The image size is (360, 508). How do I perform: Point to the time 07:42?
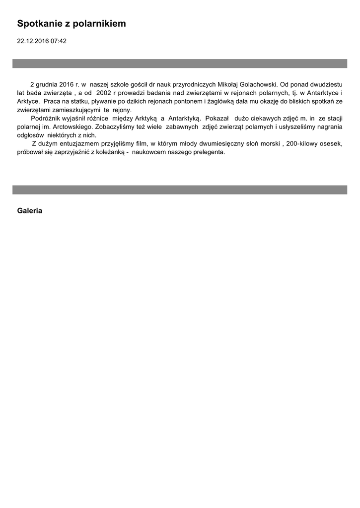click(x=58, y=41)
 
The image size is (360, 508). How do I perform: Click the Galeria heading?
click(x=29, y=211)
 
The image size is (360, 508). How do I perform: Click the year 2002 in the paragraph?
click(x=103, y=93)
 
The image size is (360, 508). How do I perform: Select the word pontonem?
click(x=188, y=101)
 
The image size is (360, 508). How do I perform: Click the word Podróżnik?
click(x=47, y=119)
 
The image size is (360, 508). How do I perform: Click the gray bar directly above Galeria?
click(x=180, y=190)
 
